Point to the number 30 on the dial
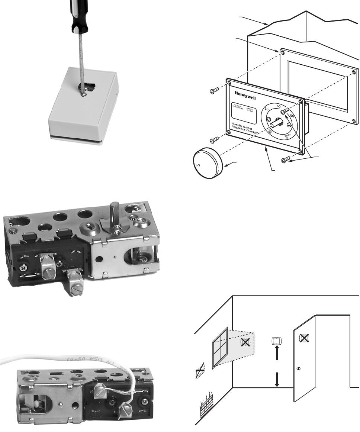coord(266,109)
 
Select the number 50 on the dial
coord(292,116)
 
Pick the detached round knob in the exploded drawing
coord(207,165)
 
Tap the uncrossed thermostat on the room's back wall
coord(276,341)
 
